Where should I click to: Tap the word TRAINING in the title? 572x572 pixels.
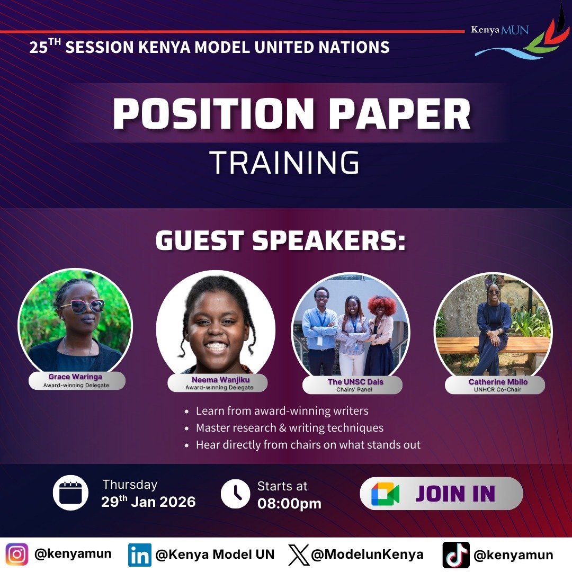285,163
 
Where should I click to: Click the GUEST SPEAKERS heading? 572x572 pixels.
280,241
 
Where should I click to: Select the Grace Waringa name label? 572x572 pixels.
76,377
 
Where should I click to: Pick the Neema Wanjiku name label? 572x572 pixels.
218,380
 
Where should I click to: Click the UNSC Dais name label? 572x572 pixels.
352,382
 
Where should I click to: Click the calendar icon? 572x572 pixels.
70,493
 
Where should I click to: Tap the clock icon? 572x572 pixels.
235,494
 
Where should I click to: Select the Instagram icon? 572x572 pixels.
17,555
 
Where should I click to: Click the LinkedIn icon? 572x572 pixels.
139,555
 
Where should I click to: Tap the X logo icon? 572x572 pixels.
299,555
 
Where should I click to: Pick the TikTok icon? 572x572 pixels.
456,555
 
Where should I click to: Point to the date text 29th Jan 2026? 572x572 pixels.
148,502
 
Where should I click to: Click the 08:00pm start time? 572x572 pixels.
289,503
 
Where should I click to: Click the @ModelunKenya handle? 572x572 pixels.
367,555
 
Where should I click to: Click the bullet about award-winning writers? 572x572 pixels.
282,410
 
